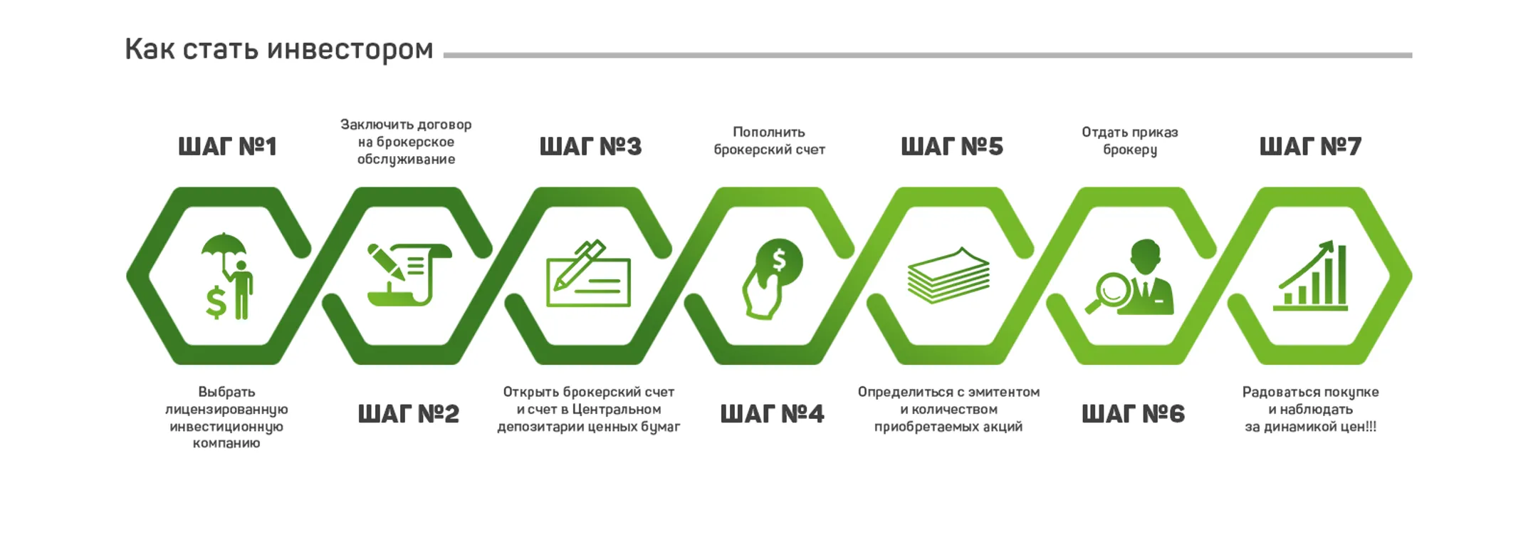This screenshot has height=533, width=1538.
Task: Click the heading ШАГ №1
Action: [x=227, y=146]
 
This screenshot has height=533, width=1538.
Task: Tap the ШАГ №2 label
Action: [x=408, y=413]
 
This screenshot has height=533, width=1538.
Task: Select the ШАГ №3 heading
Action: [x=590, y=146]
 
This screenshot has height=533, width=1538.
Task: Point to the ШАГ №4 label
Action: [x=772, y=413]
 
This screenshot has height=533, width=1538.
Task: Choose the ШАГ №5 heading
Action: [x=952, y=146]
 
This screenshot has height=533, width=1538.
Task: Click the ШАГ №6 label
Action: [x=1133, y=413]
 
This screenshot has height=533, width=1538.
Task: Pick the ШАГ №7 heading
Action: [x=1310, y=146]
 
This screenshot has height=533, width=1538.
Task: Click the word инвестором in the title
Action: [x=350, y=49]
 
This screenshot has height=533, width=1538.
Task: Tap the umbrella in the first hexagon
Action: [x=224, y=246]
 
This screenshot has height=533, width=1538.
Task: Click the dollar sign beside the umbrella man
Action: [x=216, y=302]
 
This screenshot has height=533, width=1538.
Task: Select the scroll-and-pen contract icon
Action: [x=409, y=275]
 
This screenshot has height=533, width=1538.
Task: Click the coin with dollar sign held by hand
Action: [x=780, y=261]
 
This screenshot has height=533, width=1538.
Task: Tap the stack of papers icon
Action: [x=948, y=276]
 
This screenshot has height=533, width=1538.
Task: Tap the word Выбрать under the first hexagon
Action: [x=226, y=392]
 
